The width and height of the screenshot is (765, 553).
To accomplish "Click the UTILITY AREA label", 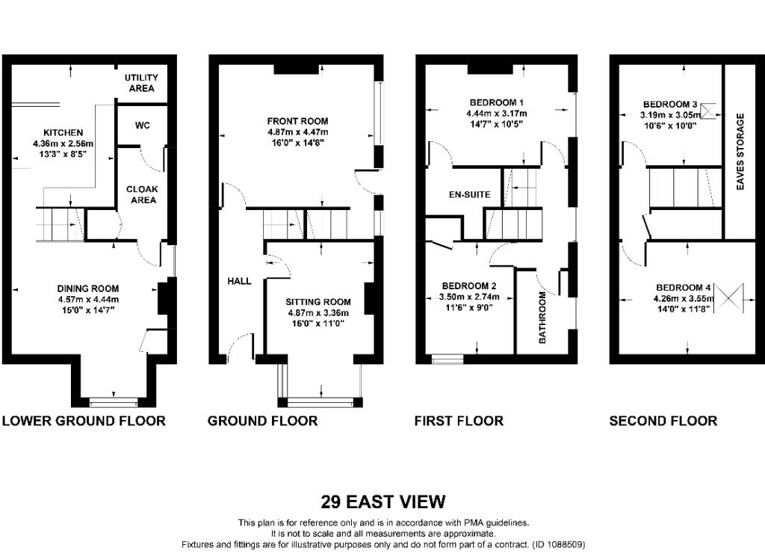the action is (x=141, y=83).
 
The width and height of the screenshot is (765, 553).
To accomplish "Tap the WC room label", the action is (x=143, y=126).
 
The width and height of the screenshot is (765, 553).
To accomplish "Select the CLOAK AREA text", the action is (x=142, y=194).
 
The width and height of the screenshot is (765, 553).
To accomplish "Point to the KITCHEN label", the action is (x=64, y=133).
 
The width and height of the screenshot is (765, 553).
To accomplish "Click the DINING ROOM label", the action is (x=88, y=288).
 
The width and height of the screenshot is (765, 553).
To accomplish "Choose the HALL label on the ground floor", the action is (x=240, y=281).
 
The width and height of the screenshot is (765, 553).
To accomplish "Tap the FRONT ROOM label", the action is (x=297, y=121).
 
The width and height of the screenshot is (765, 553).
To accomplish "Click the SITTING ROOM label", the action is (x=318, y=302).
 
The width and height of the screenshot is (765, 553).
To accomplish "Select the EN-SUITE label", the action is (x=470, y=194).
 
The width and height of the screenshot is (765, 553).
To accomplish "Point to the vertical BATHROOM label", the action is (x=542, y=318).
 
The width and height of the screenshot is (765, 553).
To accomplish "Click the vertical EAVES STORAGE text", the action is (x=740, y=152).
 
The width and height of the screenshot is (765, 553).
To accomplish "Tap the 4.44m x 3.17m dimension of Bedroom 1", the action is (x=497, y=114).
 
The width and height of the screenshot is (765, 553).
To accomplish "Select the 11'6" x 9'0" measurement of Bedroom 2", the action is (x=469, y=307).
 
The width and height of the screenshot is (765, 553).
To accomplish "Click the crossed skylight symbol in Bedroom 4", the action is (x=728, y=298).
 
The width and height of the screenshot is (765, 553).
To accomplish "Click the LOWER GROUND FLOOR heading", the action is (x=84, y=421).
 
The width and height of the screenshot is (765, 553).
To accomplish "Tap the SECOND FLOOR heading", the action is (x=663, y=421).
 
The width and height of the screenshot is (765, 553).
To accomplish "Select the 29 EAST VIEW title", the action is (x=383, y=501).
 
